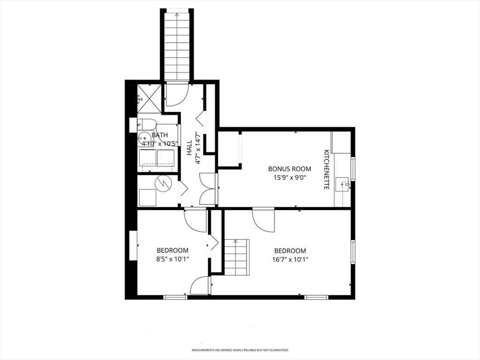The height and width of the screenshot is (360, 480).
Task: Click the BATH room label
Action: tap(160, 135)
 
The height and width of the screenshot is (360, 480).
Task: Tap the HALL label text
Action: tap(189, 148)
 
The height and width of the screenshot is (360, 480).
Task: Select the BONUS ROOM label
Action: tap(290, 169)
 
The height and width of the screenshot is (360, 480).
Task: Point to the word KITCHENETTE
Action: tap(326, 170)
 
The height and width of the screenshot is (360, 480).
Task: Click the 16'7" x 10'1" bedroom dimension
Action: tap(290, 260)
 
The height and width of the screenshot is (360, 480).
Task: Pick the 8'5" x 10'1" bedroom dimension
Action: tap(172, 259)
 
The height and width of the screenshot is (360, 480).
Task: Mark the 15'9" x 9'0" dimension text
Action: tap(290, 177)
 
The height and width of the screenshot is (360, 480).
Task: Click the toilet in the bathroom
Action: tap(148, 124)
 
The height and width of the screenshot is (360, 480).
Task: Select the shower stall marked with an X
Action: tap(149, 98)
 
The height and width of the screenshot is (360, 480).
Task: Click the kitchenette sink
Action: tap(343, 184)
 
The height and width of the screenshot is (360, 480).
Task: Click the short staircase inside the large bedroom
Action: tap(237, 257)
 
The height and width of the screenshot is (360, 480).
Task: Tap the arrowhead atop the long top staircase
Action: tap(177, 14)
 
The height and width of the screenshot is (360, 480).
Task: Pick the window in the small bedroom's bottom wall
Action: tap(175, 297)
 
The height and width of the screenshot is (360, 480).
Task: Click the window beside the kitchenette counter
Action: tap(353, 168)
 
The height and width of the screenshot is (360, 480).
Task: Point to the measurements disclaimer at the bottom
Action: tap(240, 350)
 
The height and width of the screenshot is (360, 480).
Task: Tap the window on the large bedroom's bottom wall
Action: tap(316, 297)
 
